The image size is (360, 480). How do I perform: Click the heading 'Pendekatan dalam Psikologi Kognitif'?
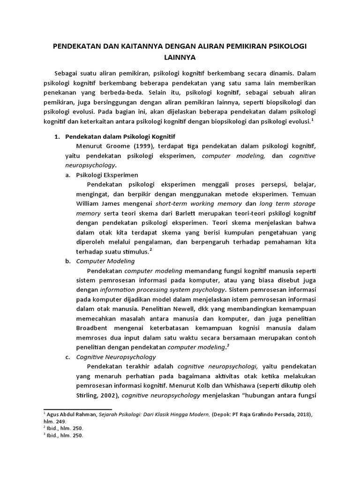pos(120,137)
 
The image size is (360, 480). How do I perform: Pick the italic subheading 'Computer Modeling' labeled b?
pos(105,261)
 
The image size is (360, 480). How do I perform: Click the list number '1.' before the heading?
pos(58,137)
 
